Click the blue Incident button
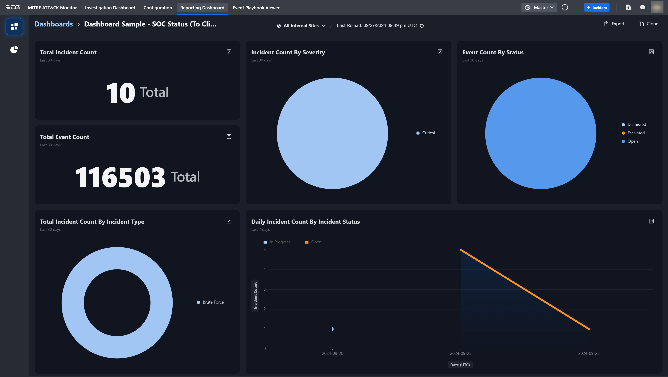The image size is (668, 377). tap(597, 7)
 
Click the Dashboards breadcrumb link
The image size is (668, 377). tap(54, 24)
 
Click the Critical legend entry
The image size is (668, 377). tap(428, 133)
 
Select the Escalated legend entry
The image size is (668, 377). tap(636, 133)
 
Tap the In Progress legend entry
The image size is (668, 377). tap(280, 242)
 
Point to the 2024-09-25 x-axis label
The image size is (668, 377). tap(460, 353)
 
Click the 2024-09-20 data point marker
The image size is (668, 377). tap(333, 329)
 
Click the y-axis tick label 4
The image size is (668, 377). tap(264, 270)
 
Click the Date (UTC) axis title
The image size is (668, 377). tap(460, 365)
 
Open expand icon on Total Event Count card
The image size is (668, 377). tap(229, 137)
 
